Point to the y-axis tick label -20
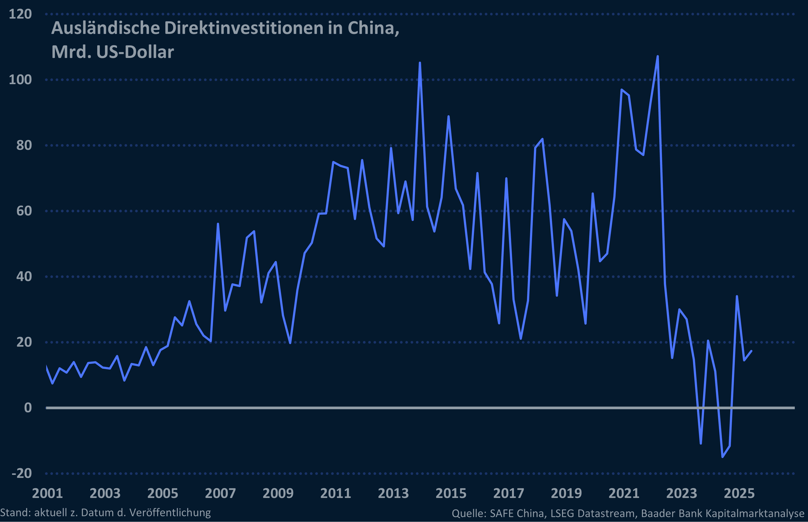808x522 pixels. (22, 473)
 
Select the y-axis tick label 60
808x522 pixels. (24, 211)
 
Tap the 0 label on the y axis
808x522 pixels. (28, 408)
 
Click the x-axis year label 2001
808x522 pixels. (47, 493)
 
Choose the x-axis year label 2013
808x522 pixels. (393, 493)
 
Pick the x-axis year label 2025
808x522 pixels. (739, 493)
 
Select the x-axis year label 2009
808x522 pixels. (278, 493)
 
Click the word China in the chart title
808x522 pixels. (373, 28)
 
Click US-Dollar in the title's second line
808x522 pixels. (135, 52)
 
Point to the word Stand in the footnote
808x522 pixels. (15, 513)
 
